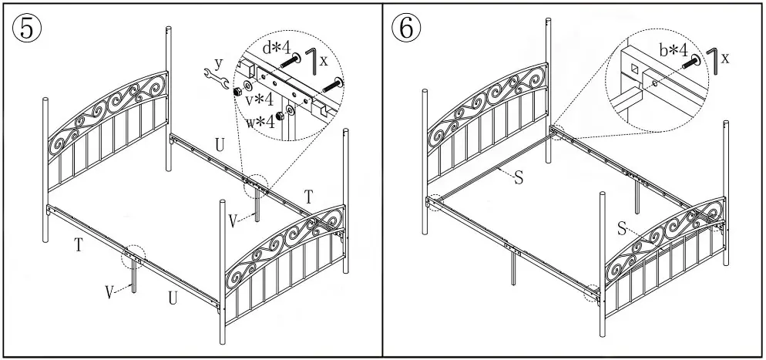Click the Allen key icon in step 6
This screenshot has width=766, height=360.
pyautogui.click(x=712, y=57)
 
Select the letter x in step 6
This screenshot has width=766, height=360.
pyautogui.click(x=726, y=58)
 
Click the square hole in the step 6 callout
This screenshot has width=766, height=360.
pyautogui.click(x=634, y=69)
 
